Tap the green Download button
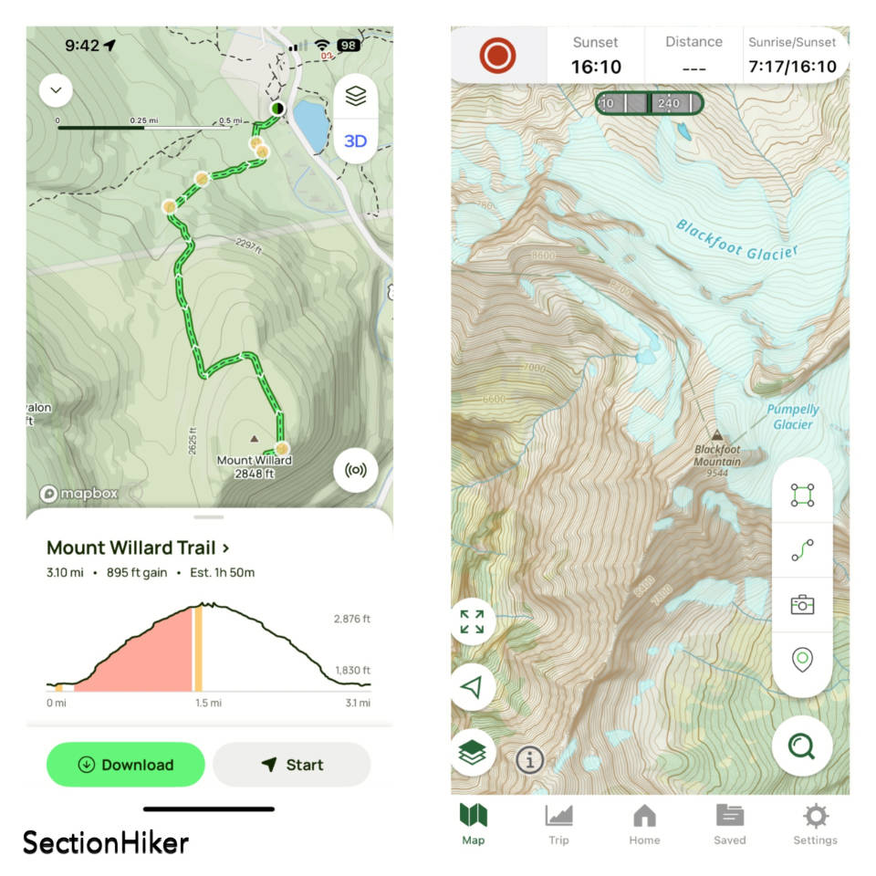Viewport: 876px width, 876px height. click(125, 765)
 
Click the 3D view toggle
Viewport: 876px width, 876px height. click(355, 141)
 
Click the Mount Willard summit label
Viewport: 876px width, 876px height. click(254, 465)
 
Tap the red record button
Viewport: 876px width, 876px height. click(497, 56)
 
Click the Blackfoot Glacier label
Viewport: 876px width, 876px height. click(736, 240)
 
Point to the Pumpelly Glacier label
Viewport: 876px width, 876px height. click(793, 417)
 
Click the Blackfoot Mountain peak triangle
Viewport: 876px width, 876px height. click(717, 436)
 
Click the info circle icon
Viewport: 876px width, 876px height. click(529, 759)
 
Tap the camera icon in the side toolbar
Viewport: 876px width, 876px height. click(802, 604)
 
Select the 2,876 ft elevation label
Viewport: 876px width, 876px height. click(351, 620)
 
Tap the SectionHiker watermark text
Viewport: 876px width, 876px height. click(105, 841)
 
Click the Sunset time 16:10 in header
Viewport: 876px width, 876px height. click(595, 67)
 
